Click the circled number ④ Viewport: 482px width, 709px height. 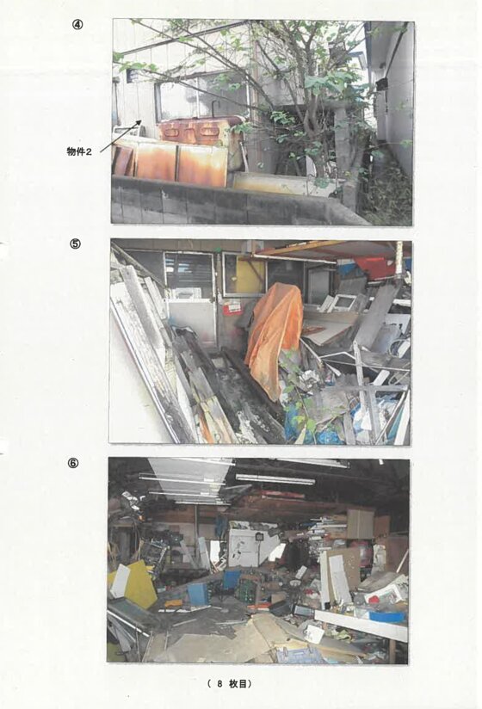click(x=77, y=25)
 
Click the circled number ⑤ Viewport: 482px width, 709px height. click(x=75, y=244)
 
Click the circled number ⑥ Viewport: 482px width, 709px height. click(x=73, y=463)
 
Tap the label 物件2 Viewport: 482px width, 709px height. click(x=79, y=152)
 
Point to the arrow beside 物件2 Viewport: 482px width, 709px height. click(x=120, y=137)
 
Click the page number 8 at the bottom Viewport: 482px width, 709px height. click(x=219, y=684)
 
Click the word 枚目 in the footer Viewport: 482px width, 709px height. click(x=238, y=684)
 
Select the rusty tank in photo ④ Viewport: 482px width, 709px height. click(x=200, y=130)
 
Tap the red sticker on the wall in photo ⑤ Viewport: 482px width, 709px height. click(x=232, y=307)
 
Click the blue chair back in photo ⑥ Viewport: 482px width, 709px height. click(x=232, y=580)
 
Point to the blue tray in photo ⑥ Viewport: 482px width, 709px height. click(x=387, y=617)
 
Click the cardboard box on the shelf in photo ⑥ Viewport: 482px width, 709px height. click(x=361, y=524)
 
